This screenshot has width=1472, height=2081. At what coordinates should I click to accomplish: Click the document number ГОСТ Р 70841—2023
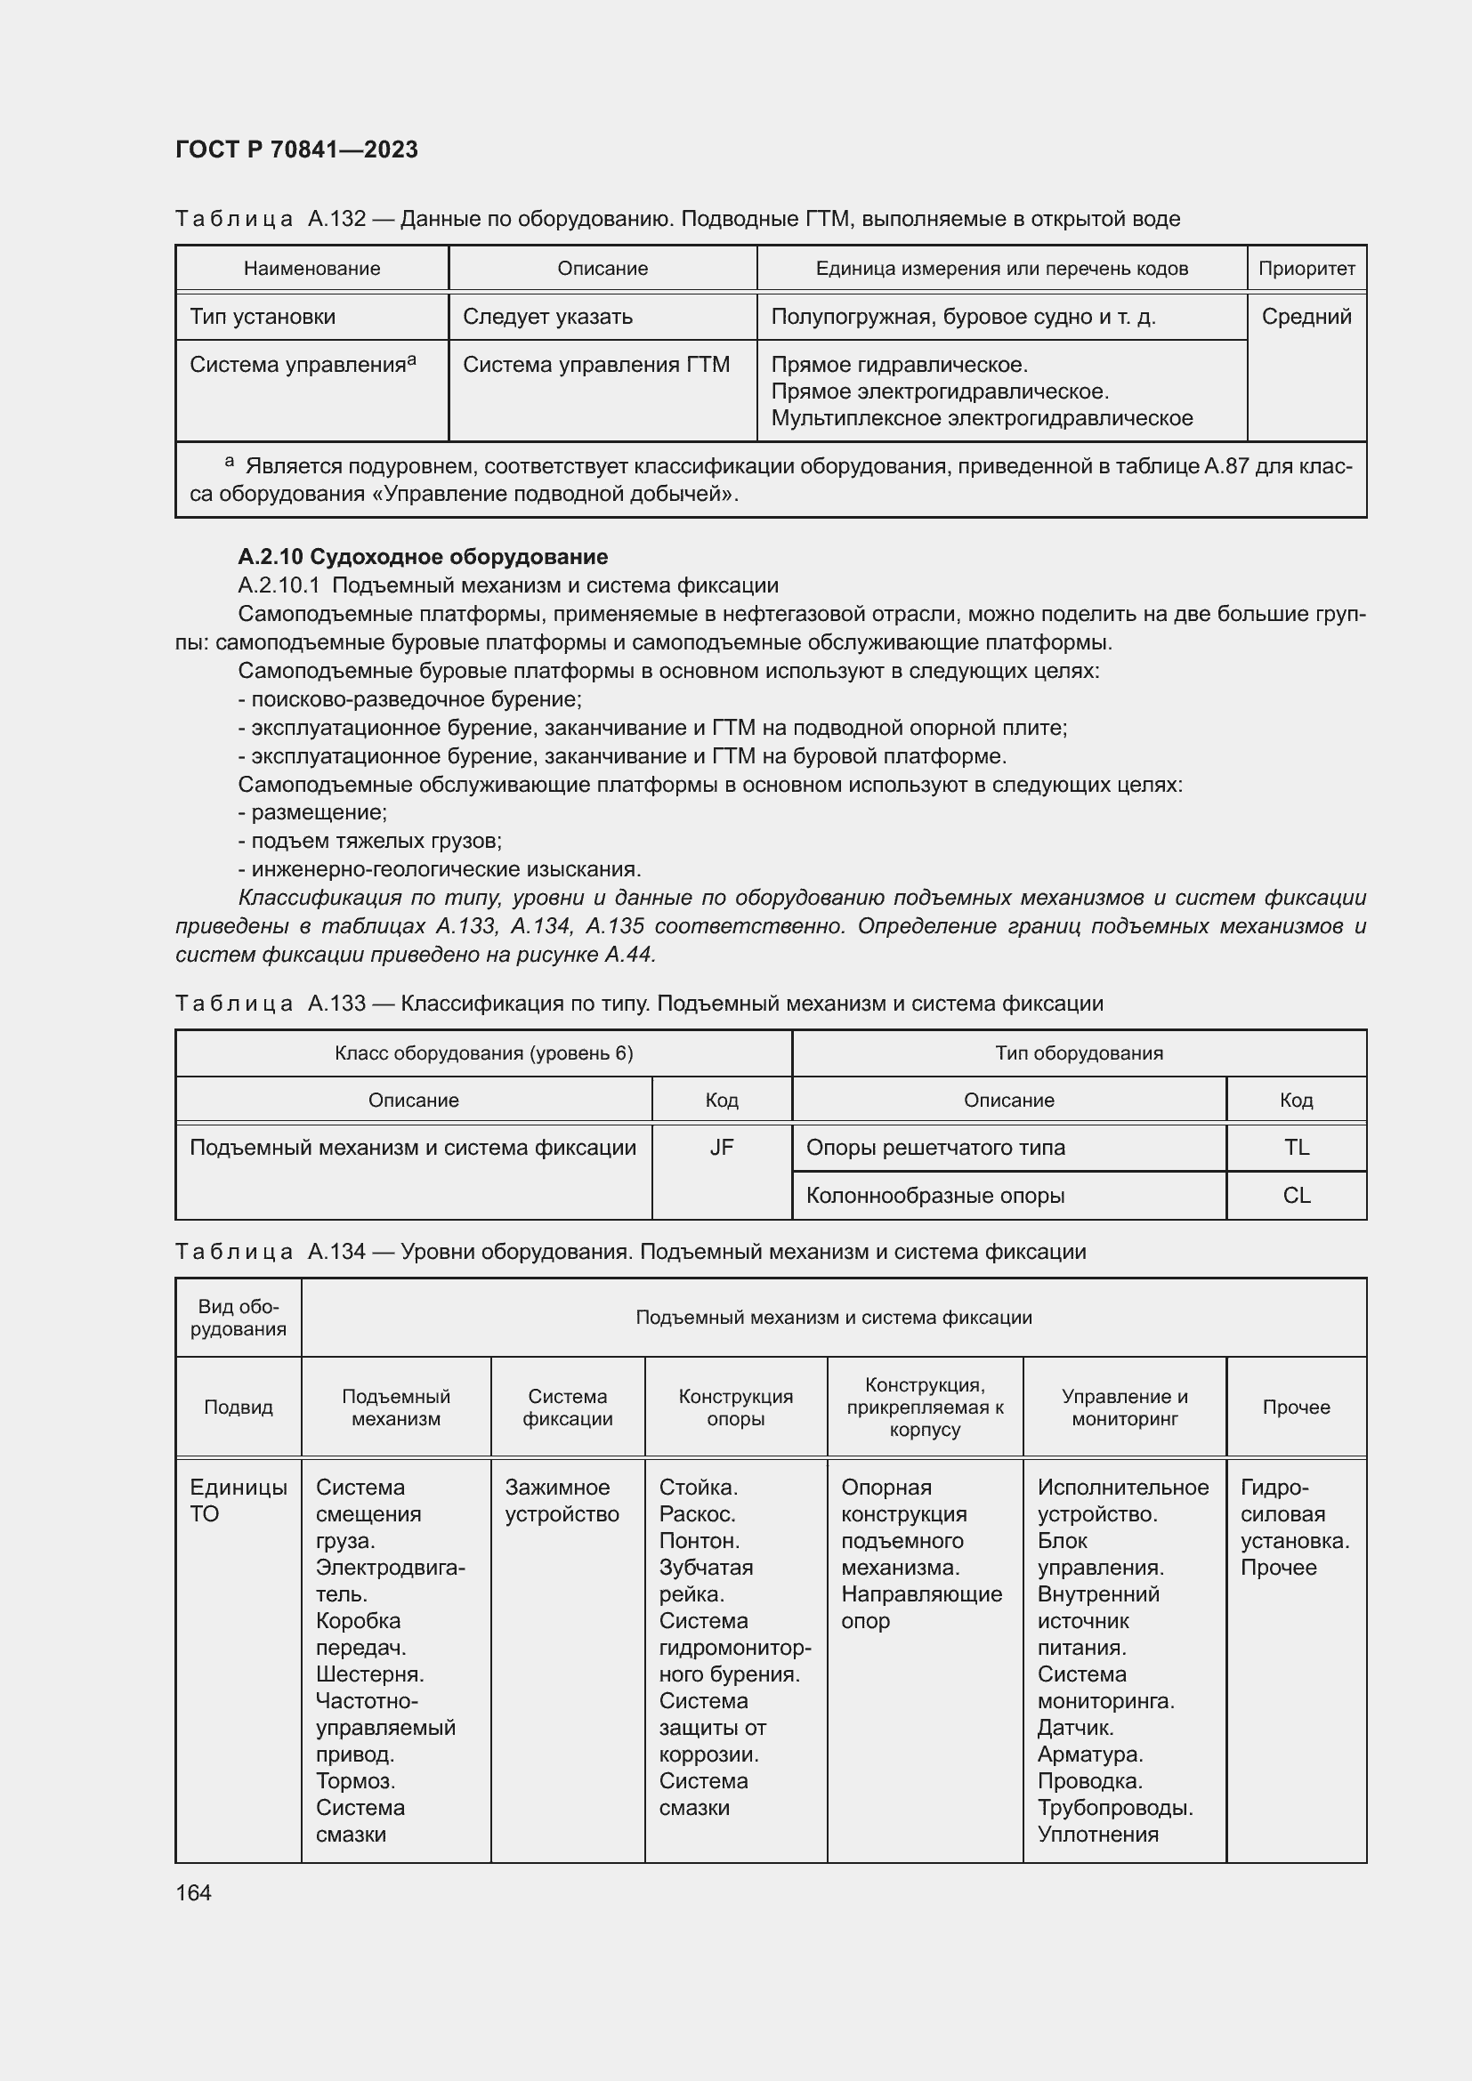(x=296, y=149)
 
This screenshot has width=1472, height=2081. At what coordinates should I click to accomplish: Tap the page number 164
(x=193, y=1892)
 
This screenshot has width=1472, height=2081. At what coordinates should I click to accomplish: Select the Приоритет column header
(x=1306, y=269)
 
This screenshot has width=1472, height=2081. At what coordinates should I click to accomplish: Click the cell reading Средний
(x=1306, y=317)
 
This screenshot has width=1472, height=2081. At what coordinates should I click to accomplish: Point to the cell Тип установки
(x=263, y=317)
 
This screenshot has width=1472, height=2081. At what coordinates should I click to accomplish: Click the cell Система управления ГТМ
(x=595, y=365)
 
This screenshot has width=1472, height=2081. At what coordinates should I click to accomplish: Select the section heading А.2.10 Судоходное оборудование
(x=423, y=556)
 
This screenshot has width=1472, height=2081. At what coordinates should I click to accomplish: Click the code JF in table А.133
(x=722, y=1148)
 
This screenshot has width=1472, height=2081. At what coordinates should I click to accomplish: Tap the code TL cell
(x=1296, y=1148)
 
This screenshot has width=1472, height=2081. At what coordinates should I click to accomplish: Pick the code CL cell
(x=1296, y=1196)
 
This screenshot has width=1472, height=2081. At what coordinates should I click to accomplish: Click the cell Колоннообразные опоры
(x=934, y=1196)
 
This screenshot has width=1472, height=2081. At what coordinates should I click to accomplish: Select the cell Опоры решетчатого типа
(x=934, y=1148)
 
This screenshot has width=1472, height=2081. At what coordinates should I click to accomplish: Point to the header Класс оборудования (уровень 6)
(x=483, y=1053)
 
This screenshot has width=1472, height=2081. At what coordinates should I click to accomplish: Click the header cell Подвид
(x=239, y=1407)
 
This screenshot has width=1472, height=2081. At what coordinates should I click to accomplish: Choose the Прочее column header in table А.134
(x=1296, y=1407)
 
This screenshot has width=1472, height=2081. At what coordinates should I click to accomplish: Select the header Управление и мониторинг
(x=1124, y=1407)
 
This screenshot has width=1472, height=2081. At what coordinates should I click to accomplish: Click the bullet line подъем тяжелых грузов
(x=370, y=841)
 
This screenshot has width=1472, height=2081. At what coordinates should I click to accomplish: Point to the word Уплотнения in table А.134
(x=1097, y=1835)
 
